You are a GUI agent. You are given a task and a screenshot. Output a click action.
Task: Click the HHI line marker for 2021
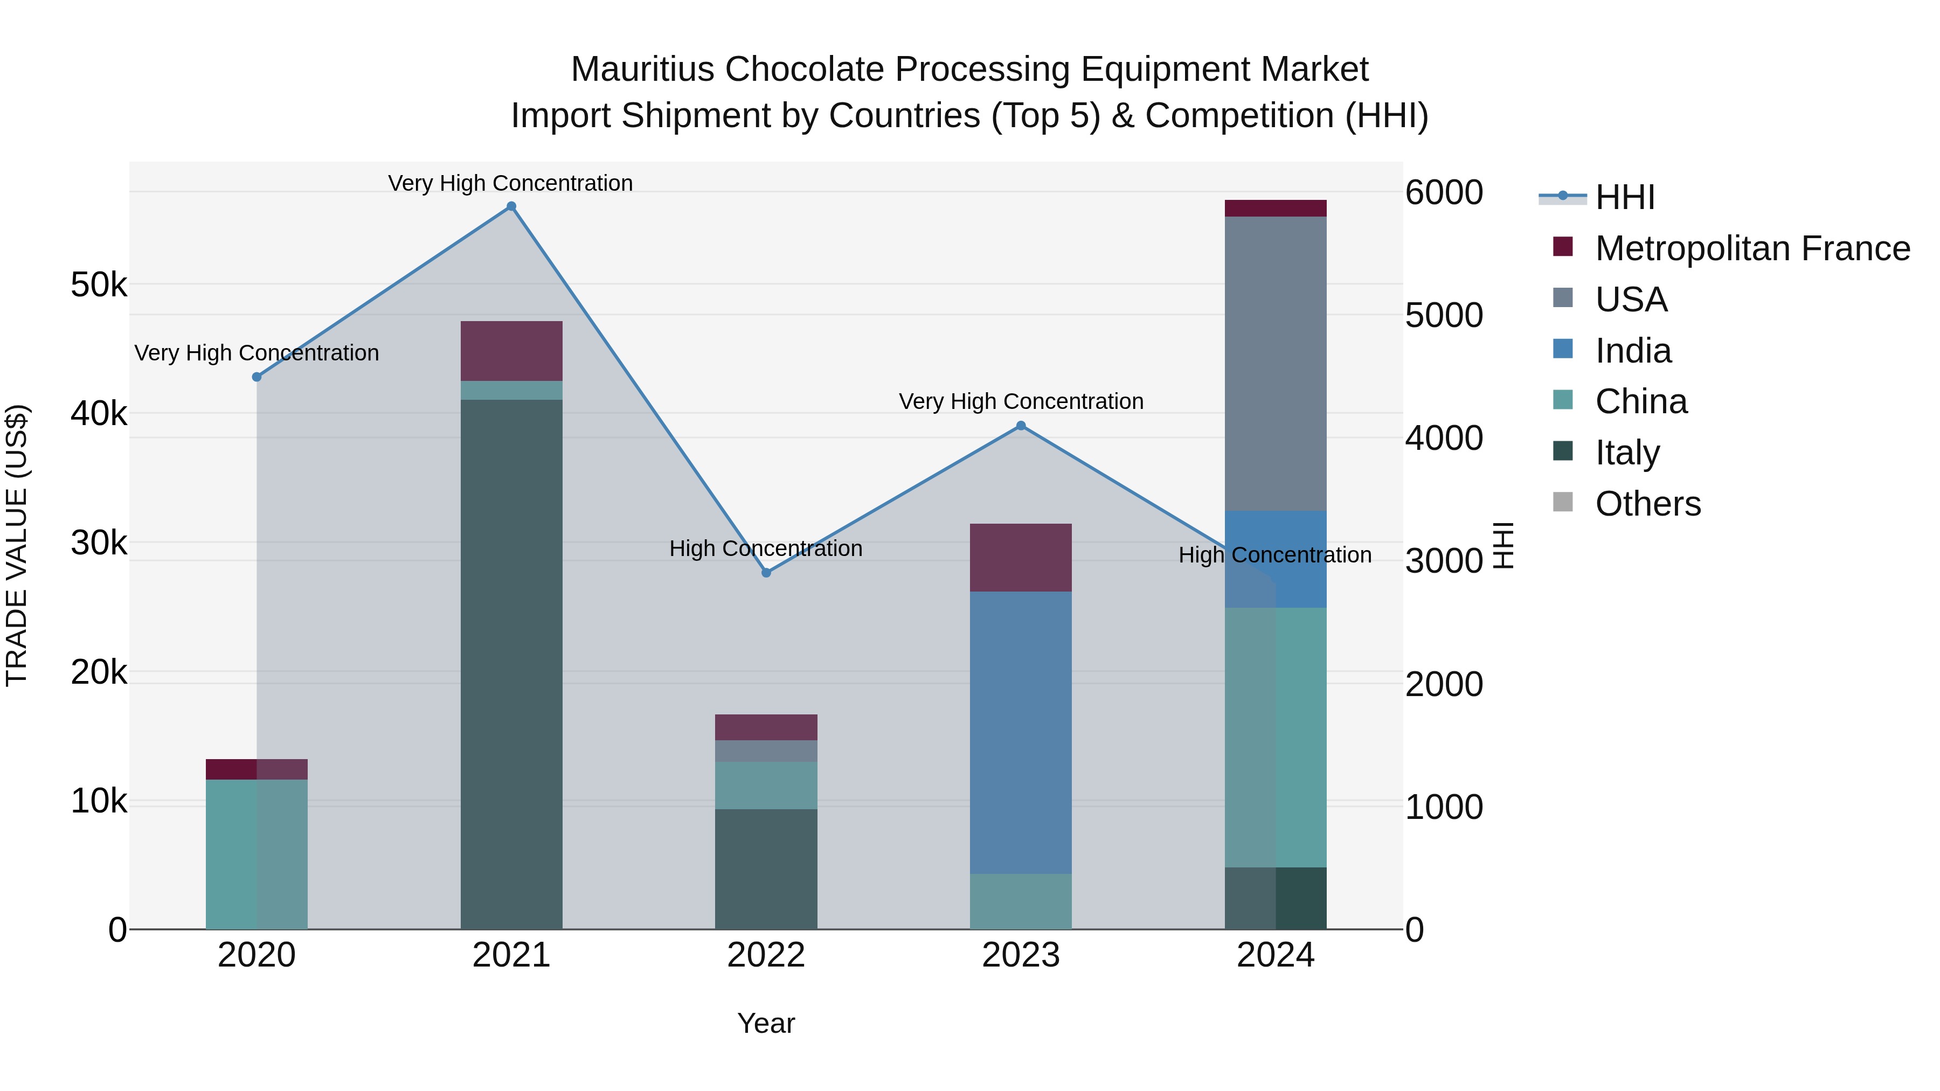[x=511, y=206]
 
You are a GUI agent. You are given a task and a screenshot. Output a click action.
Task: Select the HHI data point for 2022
[x=766, y=573]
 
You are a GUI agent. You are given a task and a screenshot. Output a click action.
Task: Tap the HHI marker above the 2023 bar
[x=1021, y=426]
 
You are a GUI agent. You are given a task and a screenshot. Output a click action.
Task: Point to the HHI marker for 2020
[x=257, y=377]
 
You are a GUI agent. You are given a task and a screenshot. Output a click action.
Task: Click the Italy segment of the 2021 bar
[x=511, y=663]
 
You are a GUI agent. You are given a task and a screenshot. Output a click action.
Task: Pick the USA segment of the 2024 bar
[x=1275, y=363]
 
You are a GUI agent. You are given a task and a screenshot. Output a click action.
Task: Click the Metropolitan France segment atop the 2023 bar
[x=1021, y=557]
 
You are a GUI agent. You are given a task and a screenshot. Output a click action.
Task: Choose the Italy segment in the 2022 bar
[x=766, y=869]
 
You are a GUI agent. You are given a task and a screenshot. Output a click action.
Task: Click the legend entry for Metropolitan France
[x=1752, y=248]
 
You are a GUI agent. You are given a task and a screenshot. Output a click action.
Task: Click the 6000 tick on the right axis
[x=1444, y=193]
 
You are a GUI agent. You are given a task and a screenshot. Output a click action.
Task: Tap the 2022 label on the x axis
[x=766, y=955]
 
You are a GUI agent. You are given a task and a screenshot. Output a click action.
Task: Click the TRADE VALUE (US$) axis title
[x=17, y=545]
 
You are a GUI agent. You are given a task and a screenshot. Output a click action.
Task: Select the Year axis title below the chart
[x=766, y=1023]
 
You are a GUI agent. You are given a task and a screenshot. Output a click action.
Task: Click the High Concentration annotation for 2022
[x=766, y=549]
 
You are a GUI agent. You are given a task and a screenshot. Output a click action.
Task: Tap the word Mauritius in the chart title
[x=642, y=70]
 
